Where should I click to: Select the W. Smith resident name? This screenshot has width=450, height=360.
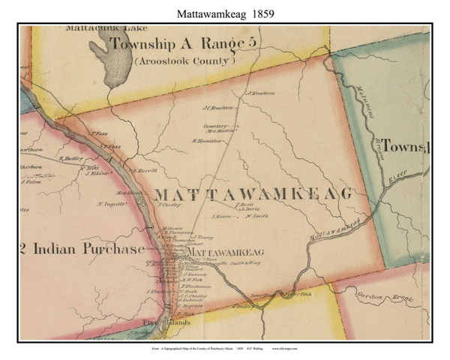pos(257,217)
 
